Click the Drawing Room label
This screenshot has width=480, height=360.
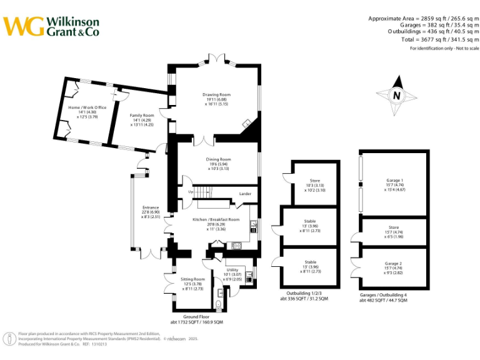[x=216, y=95]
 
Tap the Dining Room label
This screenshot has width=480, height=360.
[x=219, y=159]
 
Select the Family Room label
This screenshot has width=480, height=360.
[x=142, y=116]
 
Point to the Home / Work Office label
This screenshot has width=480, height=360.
[x=87, y=108]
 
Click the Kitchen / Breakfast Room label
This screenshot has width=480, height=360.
[x=216, y=219]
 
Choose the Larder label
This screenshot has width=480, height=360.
[x=245, y=194]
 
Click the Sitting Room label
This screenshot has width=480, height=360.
[x=192, y=279]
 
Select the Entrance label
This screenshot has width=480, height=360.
[x=151, y=207]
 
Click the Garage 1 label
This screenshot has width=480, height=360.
[x=394, y=180]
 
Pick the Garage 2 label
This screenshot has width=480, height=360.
[x=394, y=264]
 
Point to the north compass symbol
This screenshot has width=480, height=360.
[x=396, y=96]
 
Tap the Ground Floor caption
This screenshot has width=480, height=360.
[x=196, y=317]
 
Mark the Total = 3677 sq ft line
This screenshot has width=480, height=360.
[x=437, y=39]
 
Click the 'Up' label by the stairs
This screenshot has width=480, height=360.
[x=191, y=192]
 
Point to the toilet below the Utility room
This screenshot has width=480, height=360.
[x=218, y=304]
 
